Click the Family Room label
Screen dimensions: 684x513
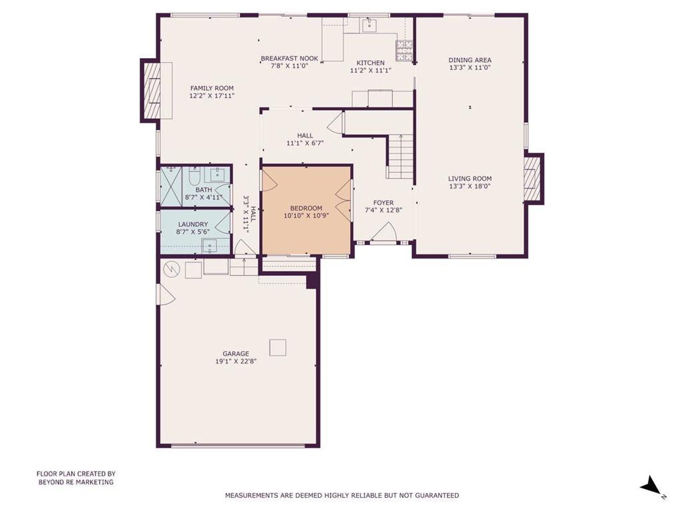tap(212, 88)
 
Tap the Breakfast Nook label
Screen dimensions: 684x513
tap(289, 59)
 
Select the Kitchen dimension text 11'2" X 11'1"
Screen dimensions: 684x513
tap(371, 70)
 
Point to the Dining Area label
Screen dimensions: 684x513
tap(470, 60)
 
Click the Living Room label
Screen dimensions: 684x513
tap(470, 178)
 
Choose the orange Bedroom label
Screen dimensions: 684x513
tap(306, 208)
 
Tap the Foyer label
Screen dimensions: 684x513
tap(383, 202)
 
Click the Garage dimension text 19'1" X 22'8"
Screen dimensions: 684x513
tap(236, 361)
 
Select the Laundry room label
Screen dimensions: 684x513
tap(193, 224)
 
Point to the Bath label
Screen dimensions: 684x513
tap(204, 190)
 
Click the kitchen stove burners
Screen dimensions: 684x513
tap(404, 49)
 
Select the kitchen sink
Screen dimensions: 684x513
tap(369, 25)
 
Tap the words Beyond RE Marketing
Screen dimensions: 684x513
tap(76, 482)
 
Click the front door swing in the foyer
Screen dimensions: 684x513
tap(384, 232)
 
